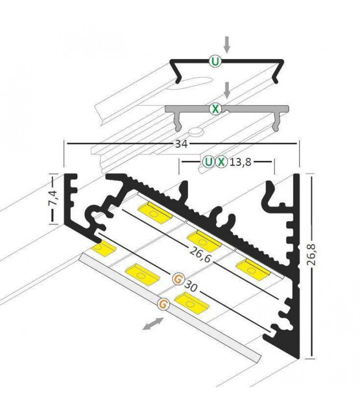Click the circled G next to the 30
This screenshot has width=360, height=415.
[177, 280]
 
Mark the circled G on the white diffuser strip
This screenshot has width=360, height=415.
[164, 302]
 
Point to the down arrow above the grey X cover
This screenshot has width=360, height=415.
[226, 89]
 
